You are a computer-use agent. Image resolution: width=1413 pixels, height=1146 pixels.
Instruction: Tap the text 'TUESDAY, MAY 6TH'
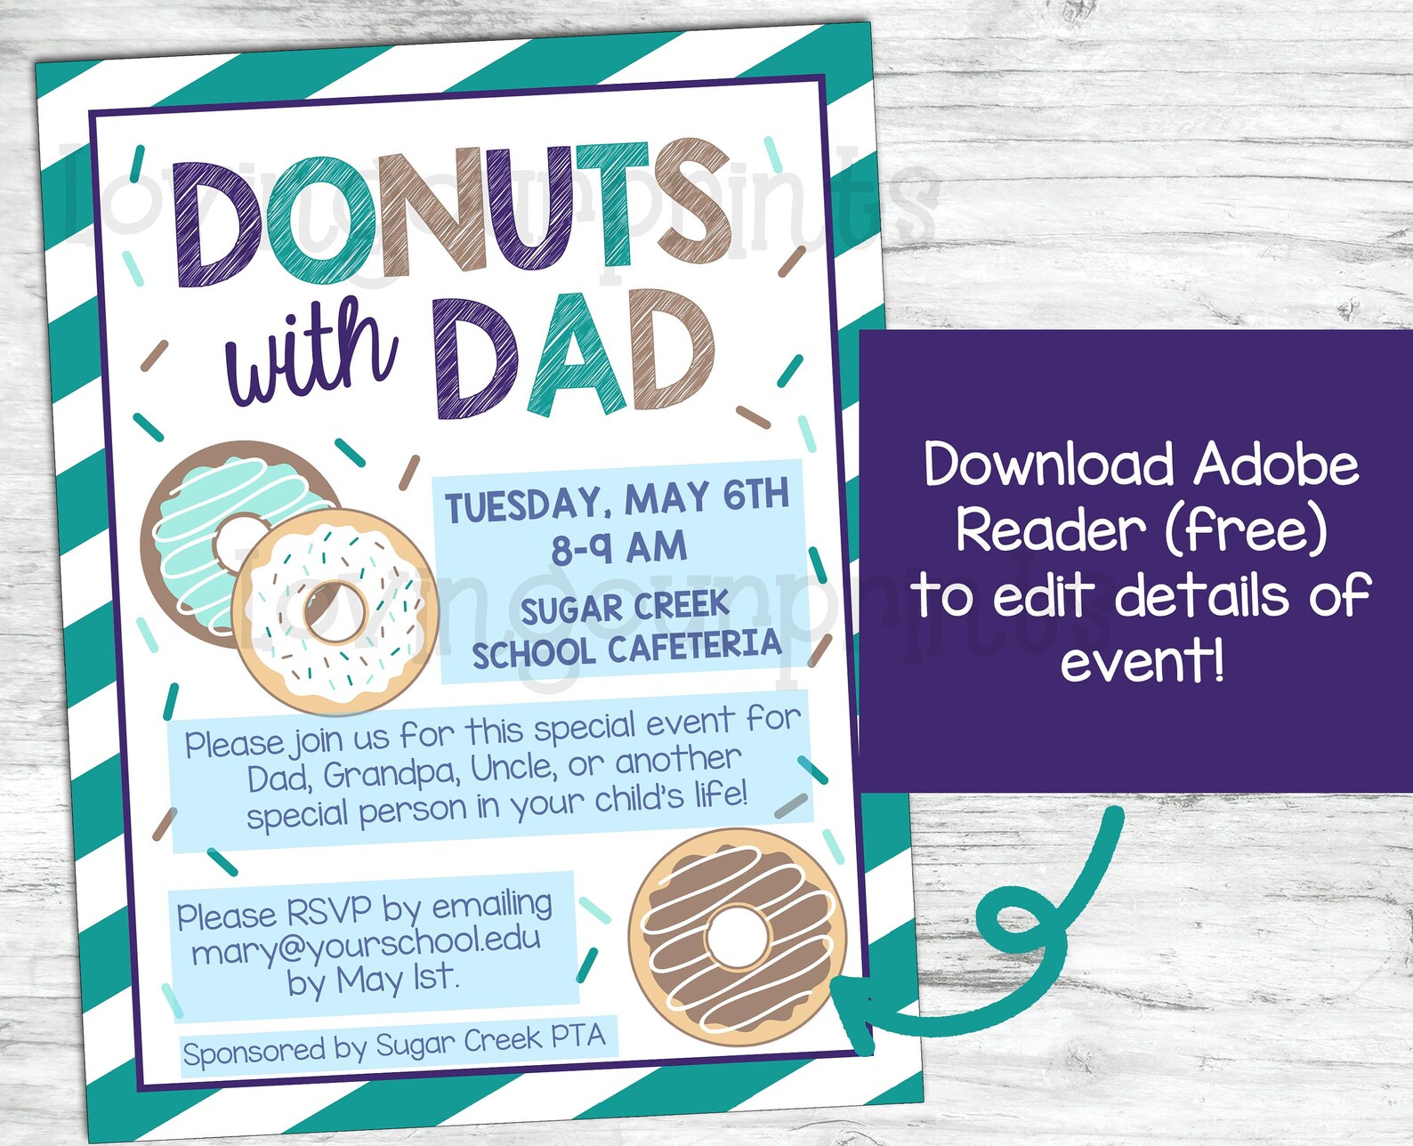point(617,500)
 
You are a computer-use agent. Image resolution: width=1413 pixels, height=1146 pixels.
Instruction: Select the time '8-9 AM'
point(618,546)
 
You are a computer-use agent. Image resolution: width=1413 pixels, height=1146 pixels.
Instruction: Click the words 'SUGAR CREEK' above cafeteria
point(625,609)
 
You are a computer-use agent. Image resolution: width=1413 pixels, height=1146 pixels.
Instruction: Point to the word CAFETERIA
point(694,647)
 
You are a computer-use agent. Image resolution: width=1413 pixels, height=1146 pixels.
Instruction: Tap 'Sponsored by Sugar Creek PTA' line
point(394,1045)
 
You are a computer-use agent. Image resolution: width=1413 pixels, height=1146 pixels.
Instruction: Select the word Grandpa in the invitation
point(392,775)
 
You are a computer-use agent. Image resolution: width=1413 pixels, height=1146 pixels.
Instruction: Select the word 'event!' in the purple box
point(1143,661)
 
